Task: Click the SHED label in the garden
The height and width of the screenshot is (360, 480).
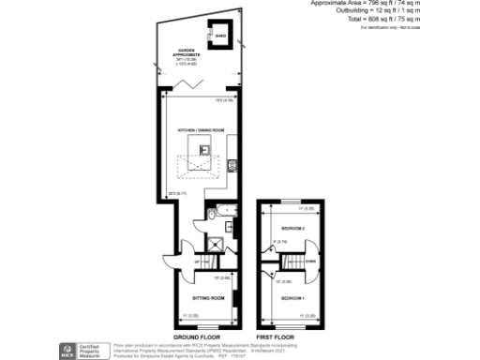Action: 221,37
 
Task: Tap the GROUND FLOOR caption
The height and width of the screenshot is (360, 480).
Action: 198,336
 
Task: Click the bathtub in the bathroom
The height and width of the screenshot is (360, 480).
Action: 226,215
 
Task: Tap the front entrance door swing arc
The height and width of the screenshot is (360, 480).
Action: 168,262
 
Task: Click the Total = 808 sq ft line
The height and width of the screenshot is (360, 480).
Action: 422,20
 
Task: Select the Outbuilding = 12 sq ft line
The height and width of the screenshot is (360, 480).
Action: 422,11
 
